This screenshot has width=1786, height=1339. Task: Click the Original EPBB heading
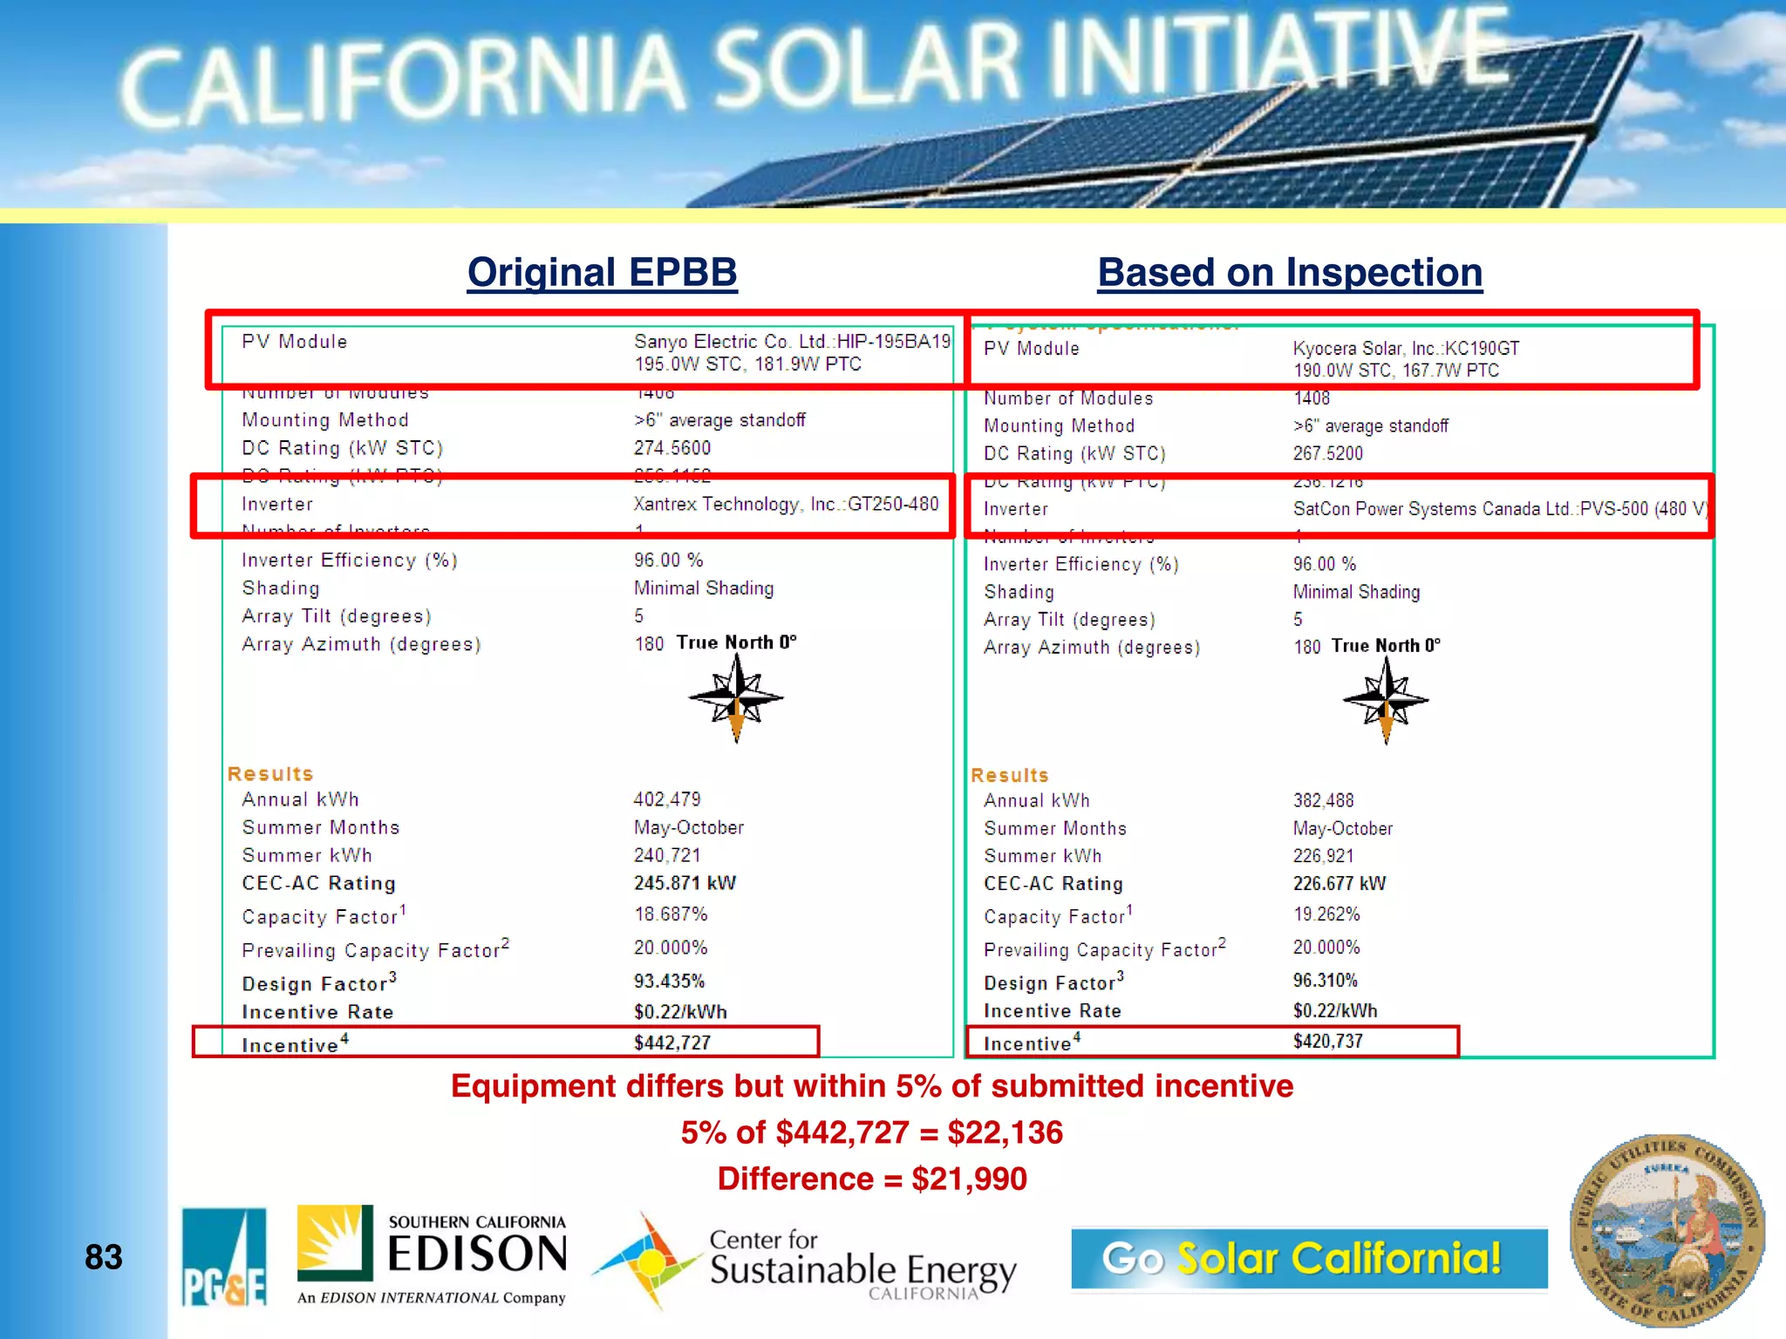[x=602, y=272]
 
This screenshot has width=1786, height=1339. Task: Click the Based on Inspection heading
[x=1290, y=272]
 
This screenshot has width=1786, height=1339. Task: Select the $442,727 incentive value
[x=671, y=1043]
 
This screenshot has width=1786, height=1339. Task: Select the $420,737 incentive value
[x=1327, y=1041]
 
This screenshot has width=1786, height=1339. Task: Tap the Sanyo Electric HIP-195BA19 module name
[x=792, y=342]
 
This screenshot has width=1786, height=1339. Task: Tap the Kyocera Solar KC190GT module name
[x=1406, y=349]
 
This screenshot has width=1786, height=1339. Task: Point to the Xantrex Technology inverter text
[x=786, y=504]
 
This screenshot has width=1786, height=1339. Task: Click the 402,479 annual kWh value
[x=667, y=799]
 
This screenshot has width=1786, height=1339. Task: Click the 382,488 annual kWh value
[x=1323, y=800]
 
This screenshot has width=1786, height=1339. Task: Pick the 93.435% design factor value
[x=669, y=981]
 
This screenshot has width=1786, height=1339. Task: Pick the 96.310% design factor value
[x=1325, y=980]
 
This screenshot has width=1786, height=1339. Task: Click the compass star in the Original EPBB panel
[x=736, y=698]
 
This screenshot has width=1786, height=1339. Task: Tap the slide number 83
[x=103, y=1257]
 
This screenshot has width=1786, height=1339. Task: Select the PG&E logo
[x=224, y=1257]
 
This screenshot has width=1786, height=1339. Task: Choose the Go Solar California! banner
[x=1308, y=1258]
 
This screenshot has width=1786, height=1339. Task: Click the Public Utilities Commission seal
[x=1667, y=1231]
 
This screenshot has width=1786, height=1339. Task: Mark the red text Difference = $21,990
[x=872, y=1179]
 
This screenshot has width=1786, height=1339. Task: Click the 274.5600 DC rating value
[x=671, y=448]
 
